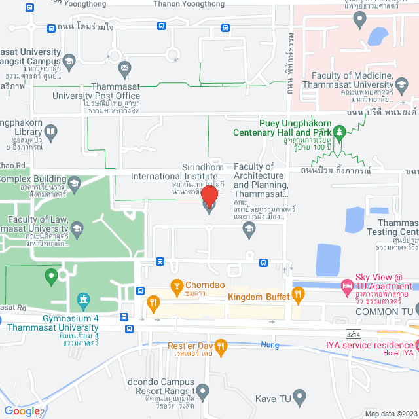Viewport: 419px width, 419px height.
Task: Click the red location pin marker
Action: coord(209,197)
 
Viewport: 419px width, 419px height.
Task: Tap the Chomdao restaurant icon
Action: coord(176,285)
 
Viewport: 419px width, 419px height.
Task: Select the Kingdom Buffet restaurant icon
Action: coord(299,297)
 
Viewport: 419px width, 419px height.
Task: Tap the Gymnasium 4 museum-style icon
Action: coord(82,302)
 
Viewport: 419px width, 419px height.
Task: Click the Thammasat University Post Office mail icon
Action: coord(124,67)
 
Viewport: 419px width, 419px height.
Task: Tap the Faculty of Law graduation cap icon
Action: coord(77,228)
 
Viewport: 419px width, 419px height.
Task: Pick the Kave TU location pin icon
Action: coord(299,396)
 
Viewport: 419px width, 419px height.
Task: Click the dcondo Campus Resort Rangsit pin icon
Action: coord(203,392)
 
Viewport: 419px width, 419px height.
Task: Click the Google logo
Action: coord(22,411)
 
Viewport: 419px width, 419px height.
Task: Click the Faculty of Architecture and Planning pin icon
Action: coord(248,228)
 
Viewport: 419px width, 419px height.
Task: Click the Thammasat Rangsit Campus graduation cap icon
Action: coord(69,61)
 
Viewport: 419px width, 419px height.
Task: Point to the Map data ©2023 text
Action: coord(391,413)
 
